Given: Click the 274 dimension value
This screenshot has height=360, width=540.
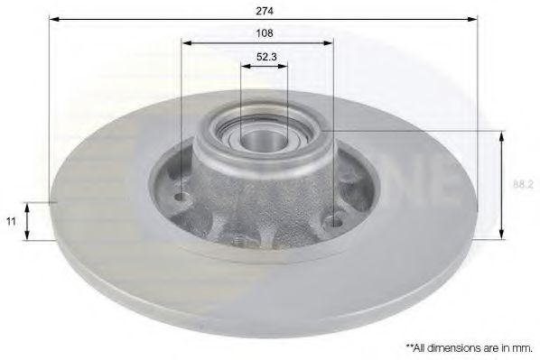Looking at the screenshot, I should [265, 10].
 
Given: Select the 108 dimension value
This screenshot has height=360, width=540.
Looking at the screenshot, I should [265, 32].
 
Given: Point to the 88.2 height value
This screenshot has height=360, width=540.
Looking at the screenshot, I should [521, 184].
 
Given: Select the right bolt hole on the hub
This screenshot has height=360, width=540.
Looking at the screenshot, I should [335, 217].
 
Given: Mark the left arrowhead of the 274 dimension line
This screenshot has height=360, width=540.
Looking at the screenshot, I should [53, 20].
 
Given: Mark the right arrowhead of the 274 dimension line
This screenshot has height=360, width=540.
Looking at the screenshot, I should [474, 20].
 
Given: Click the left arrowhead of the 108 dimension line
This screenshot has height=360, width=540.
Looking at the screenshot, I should [185, 42].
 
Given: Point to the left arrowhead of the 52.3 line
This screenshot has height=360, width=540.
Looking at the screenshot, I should [244, 66].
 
